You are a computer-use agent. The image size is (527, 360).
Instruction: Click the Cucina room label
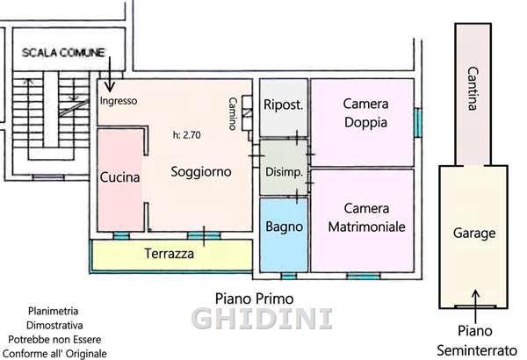[119, 177]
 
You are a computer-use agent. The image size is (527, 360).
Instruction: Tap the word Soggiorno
[201, 172]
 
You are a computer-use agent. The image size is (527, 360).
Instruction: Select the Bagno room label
[284, 227]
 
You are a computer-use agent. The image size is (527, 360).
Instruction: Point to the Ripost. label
[284, 104]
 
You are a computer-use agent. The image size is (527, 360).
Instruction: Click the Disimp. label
[284, 172]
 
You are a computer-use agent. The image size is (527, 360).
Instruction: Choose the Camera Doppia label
[365, 113]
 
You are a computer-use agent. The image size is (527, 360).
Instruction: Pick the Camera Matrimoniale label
[366, 218]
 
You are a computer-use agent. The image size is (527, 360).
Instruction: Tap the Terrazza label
[169, 254]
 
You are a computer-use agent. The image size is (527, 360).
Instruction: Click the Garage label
[474, 234]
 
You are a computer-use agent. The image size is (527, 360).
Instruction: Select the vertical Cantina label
[473, 89]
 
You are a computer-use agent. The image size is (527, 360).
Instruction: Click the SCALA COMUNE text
[63, 53]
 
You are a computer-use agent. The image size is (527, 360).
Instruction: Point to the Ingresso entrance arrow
[110, 75]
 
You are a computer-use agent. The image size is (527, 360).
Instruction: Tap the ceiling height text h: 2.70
[187, 135]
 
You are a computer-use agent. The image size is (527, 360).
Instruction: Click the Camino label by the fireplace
[233, 113]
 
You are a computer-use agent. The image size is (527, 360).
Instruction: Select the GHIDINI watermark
[262, 319]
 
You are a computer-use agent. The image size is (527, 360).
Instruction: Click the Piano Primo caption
[255, 299]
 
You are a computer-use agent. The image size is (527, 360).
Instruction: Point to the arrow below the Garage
[475, 306]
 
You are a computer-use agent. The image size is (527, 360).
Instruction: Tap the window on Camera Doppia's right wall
[418, 122]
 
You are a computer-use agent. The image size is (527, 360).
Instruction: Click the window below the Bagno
[288, 276]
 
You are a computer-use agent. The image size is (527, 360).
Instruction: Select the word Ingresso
[119, 101]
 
